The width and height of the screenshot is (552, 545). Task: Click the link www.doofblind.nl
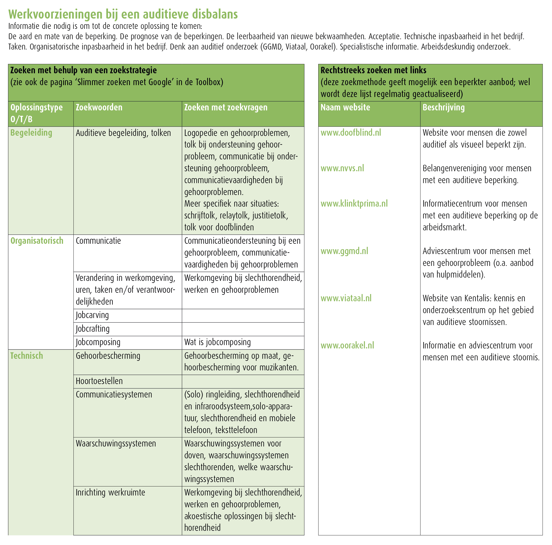[x=350, y=133]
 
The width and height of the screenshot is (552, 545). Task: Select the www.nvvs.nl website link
[x=342, y=168]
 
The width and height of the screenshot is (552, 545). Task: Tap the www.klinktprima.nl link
[x=354, y=204]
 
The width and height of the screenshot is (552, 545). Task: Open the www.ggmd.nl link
[x=344, y=251]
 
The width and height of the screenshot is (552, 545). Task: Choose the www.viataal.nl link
[x=346, y=298]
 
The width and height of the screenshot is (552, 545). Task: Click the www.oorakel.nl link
[x=347, y=345]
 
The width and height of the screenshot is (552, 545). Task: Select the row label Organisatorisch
[x=37, y=241]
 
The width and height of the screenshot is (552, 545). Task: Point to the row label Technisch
[x=27, y=356]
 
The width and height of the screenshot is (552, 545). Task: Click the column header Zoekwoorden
[x=99, y=108]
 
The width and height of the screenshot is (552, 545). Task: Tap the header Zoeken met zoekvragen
[x=226, y=108]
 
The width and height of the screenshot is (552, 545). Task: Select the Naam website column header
[x=345, y=108]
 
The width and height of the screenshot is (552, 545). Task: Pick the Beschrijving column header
[x=444, y=108]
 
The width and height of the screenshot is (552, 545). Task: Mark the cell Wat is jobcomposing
[x=218, y=342]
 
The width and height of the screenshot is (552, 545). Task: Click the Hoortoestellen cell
[x=99, y=381]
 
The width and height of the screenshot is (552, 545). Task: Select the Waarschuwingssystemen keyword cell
[x=116, y=443]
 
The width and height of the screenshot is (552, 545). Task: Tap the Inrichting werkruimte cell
[x=110, y=492]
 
